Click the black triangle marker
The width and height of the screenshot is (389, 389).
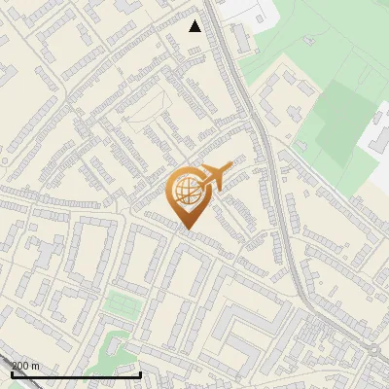pyautogui.click(x=194, y=26)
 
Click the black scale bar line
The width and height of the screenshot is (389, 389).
pyautogui.click(x=76, y=374)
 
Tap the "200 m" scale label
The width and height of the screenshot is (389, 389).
pyautogui.click(x=24, y=365)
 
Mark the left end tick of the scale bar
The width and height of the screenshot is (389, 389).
pyautogui.click(x=12, y=372)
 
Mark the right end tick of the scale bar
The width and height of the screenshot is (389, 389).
pyautogui.click(x=141, y=372)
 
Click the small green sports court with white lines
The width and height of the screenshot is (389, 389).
pyautogui.click(x=122, y=303)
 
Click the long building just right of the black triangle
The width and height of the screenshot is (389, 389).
pyautogui.click(x=239, y=39)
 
